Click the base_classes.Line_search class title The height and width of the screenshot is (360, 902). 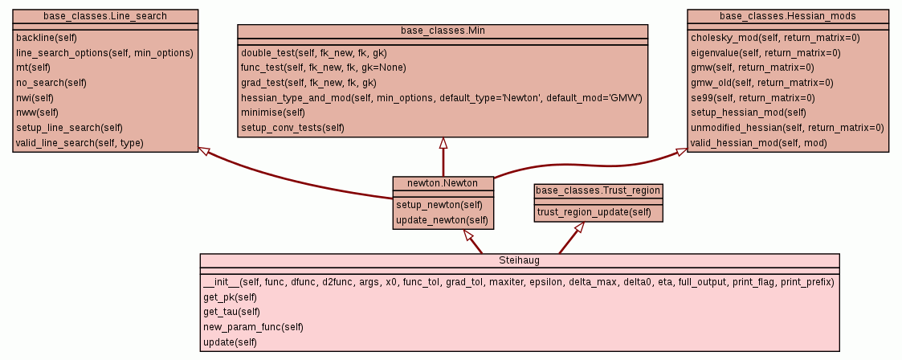105,15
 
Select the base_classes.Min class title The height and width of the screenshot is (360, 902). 443,31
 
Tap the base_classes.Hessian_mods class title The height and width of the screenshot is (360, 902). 788,15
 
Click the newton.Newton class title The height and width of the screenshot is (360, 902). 443,183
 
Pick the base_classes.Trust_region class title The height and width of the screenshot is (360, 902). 598,190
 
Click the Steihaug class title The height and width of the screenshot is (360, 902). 520,260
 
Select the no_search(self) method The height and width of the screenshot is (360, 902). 51,83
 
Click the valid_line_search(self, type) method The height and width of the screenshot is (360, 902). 74,143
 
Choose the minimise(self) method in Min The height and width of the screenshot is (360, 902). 273,112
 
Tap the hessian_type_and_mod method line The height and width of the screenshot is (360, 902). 441,97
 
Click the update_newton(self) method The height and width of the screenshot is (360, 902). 442,219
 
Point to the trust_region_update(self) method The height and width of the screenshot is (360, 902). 594,212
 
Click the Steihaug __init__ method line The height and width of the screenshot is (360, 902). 519,282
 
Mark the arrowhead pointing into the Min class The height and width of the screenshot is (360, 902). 443,142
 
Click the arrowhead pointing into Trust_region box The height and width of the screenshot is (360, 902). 579,227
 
